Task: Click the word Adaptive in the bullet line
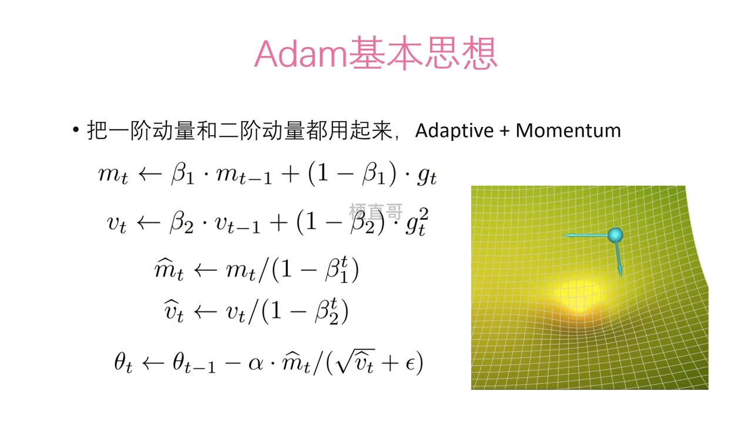pyautogui.click(x=454, y=130)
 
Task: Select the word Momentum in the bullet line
pyautogui.click(x=568, y=130)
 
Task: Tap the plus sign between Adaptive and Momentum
pyautogui.click(x=505, y=131)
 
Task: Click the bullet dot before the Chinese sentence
pyautogui.click(x=76, y=129)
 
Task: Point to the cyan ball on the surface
pyautogui.click(x=615, y=235)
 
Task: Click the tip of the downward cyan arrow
pyautogui.click(x=621, y=277)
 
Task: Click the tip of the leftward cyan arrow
pyautogui.click(x=563, y=236)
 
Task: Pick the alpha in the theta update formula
pyautogui.click(x=256, y=364)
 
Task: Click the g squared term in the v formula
pyautogui.click(x=417, y=222)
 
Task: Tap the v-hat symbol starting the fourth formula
pyautogui.click(x=173, y=311)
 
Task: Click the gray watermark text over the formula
pyautogui.click(x=376, y=211)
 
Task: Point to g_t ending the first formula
pyautogui.click(x=427, y=177)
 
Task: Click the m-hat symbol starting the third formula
pyautogui.click(x=169, y=269)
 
